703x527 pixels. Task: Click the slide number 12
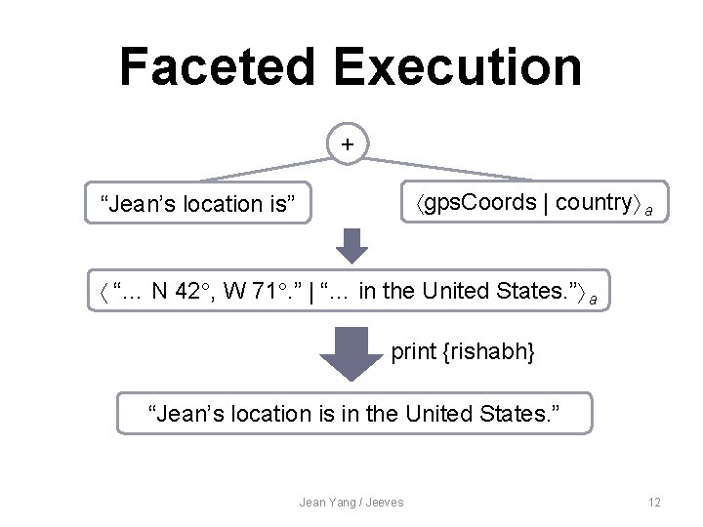(654, 503)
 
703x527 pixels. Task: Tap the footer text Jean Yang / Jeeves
(351, 503)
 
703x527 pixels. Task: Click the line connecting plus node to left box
(264, 165)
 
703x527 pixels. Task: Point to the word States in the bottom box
(521, 414)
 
